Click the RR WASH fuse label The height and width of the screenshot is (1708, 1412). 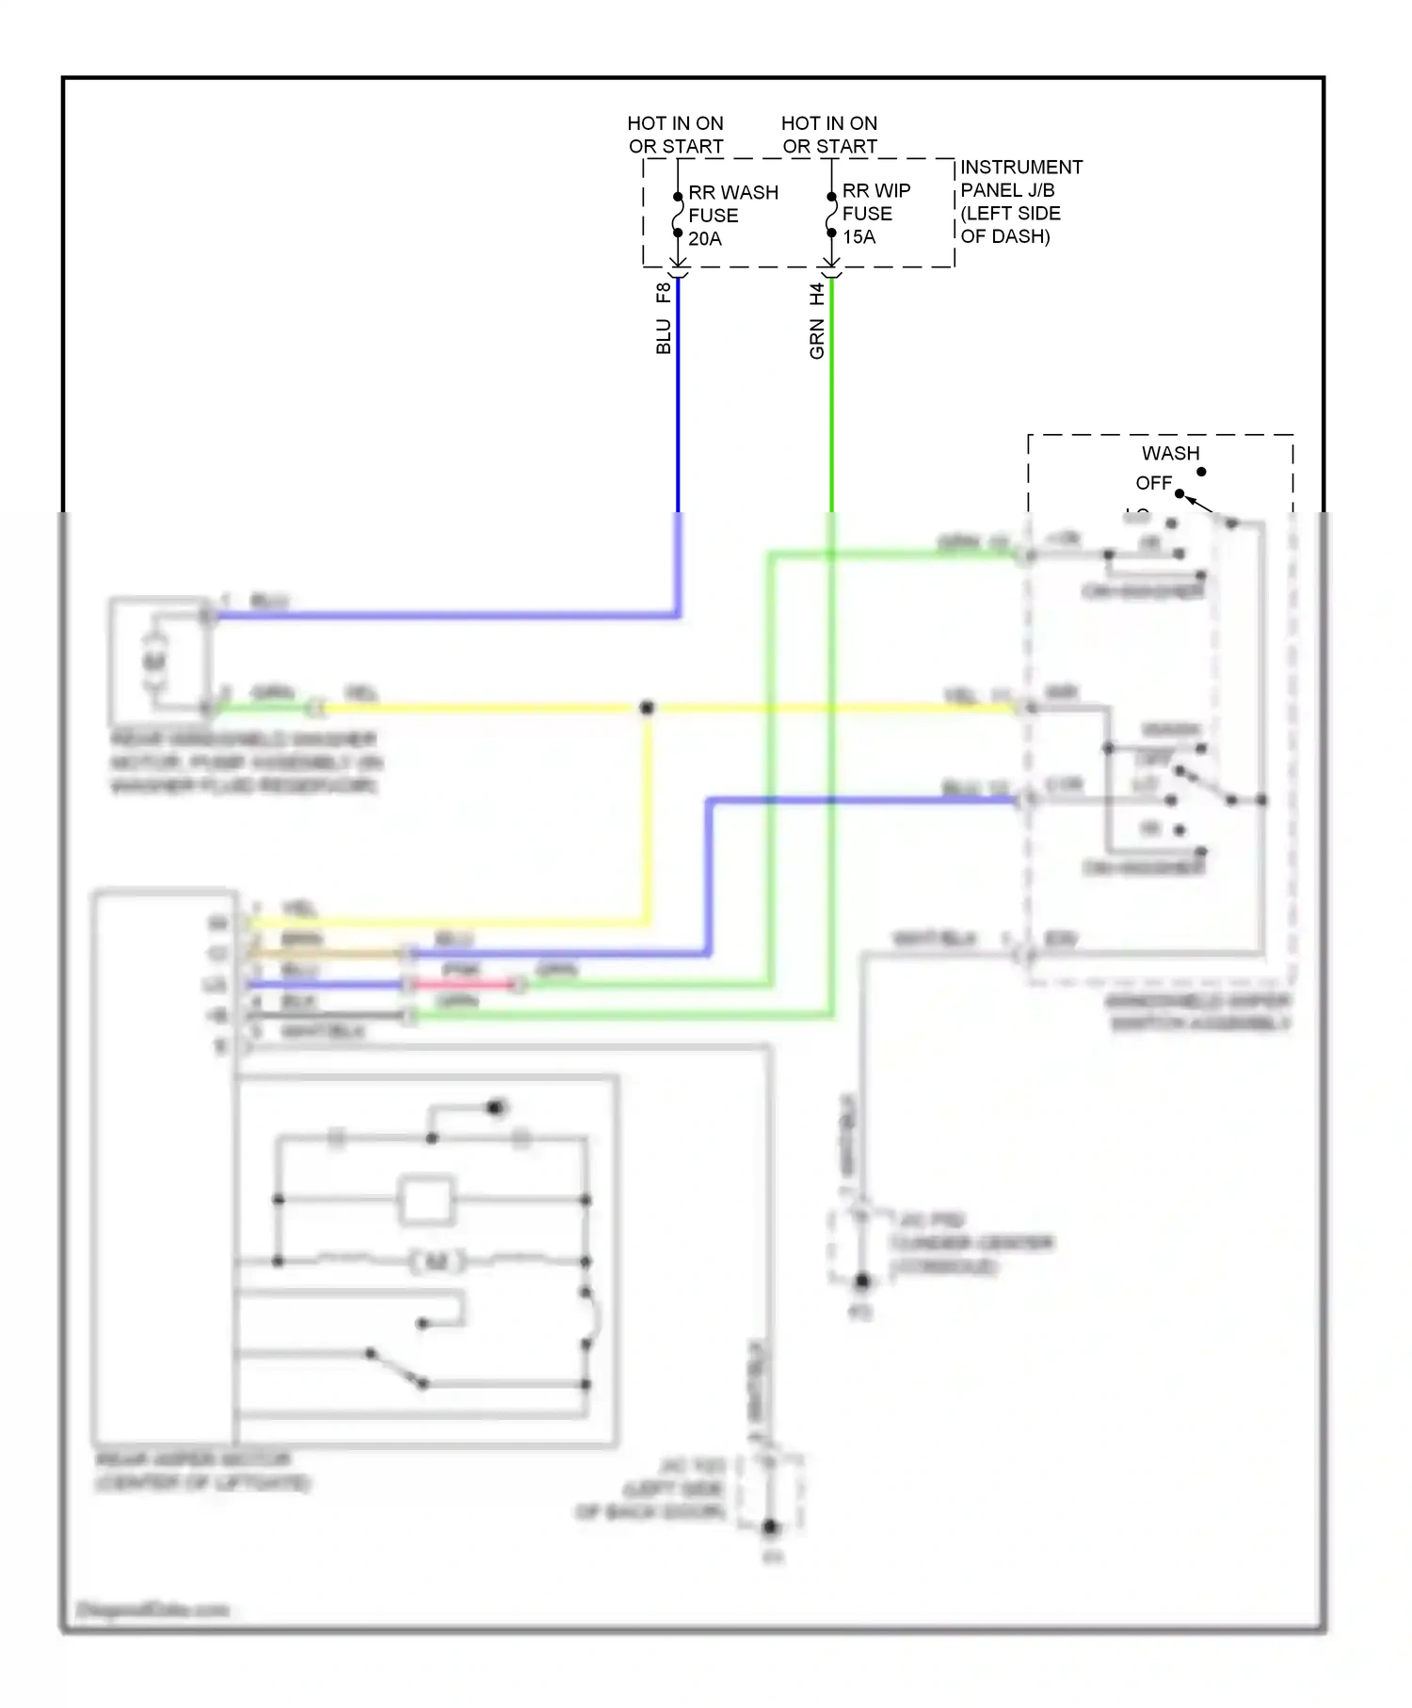click(732, 193)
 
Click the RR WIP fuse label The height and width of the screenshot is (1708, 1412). click(875, 191)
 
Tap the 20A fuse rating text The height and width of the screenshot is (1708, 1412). click(704, 239)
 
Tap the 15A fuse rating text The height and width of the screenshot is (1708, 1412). click(858, 237)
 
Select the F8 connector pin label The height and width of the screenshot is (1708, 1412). click(664, 293)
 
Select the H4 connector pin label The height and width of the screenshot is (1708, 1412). click(817, 294)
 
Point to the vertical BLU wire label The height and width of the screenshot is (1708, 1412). click(664, 336)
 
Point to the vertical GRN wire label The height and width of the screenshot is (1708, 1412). click(817, 339)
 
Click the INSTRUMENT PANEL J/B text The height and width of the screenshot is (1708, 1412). click(1020, 179)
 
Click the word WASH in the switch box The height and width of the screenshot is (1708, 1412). click(1170, 454)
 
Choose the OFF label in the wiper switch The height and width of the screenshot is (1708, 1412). click(1153, 483)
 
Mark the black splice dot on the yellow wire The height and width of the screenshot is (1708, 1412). click(647, 707)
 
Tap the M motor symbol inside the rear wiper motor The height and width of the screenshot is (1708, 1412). click(437, 1261)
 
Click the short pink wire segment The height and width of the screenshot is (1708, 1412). click(463, 985)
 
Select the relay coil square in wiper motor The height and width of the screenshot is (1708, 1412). click(425, 1200)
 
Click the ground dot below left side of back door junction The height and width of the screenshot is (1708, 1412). click(770, 1526)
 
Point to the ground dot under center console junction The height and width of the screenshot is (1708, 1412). click(861, 1281)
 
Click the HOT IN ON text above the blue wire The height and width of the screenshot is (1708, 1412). click(675, 123)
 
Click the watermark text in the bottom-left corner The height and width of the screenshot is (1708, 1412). click(152, 1609)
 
